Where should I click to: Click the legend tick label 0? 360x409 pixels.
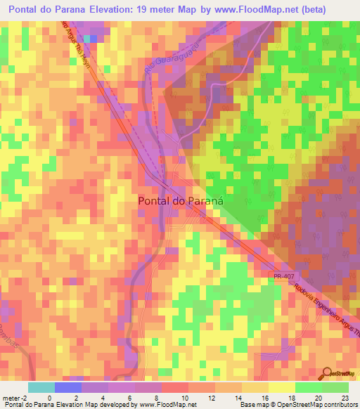pyautogui.click(x=49, y=398)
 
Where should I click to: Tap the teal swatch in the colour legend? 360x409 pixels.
pyautogui.click(x=41, y=387)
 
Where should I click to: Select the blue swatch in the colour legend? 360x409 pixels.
pyautogui.click(x=68, y=387)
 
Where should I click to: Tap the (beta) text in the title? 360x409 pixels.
pyautogui.click(x=333, y=10)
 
